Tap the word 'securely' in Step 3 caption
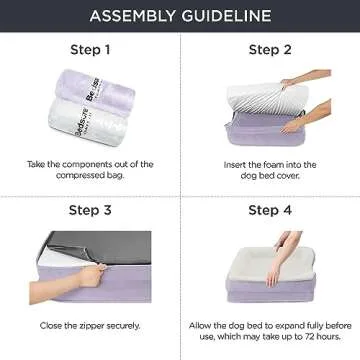tap(127, 325)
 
